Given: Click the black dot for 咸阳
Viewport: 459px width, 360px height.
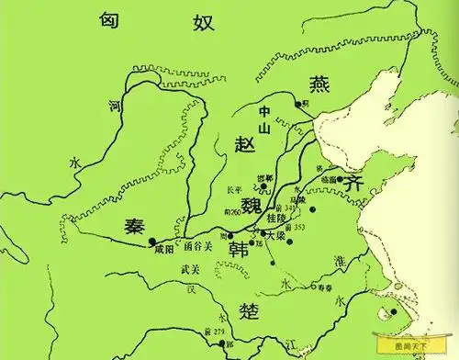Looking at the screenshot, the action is (152, 242).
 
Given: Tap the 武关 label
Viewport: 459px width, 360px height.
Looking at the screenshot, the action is (192, 268).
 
